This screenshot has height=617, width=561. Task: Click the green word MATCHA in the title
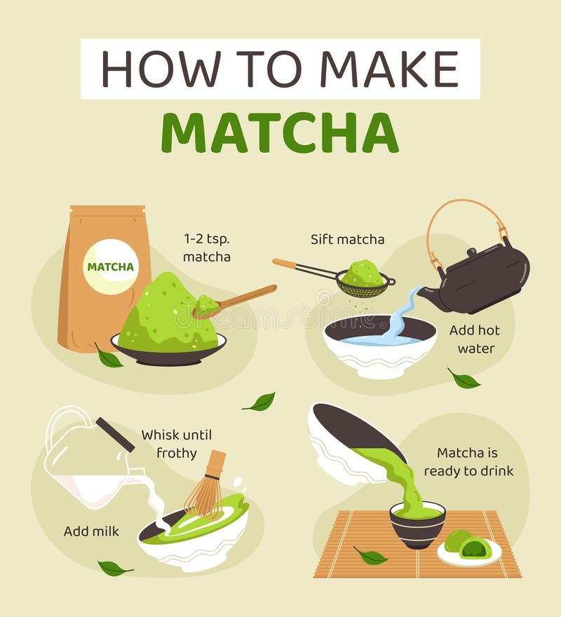point(280,133)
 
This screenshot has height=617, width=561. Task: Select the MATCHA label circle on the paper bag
point(111,266)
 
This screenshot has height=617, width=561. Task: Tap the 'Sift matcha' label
point(347,239)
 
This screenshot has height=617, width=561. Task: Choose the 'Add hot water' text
point(475,339)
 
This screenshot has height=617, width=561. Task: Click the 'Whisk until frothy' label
point(176,444)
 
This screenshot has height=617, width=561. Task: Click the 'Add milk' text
point(91,531)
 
